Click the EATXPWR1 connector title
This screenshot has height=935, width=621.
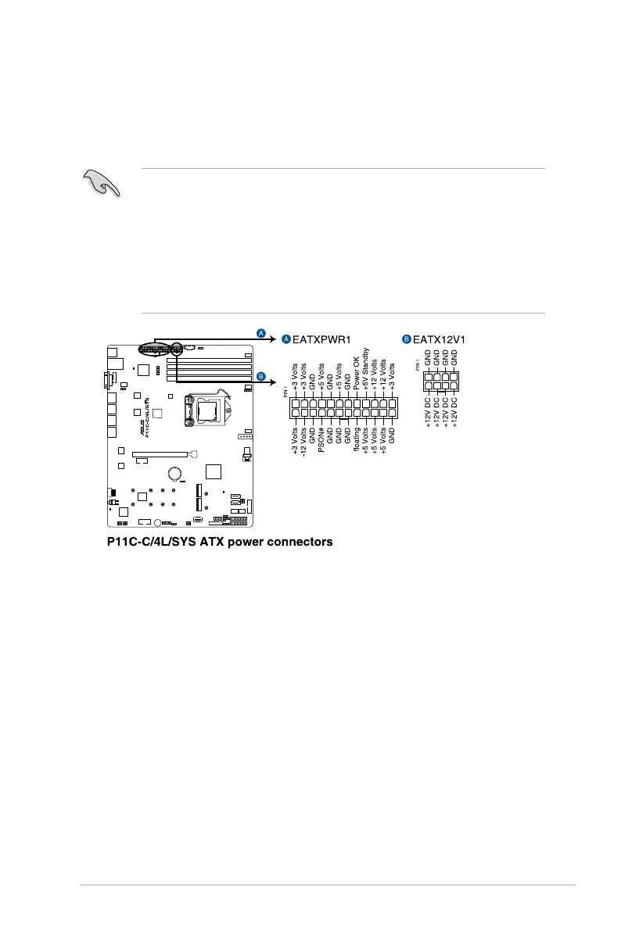[321, 339]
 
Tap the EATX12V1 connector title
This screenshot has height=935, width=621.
[439, 339]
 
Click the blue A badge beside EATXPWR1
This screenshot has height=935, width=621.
[286, 339]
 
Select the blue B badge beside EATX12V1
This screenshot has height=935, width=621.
[407, 339]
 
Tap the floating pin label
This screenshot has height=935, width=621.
[357, 439]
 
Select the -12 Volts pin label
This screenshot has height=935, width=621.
[303, 442]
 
